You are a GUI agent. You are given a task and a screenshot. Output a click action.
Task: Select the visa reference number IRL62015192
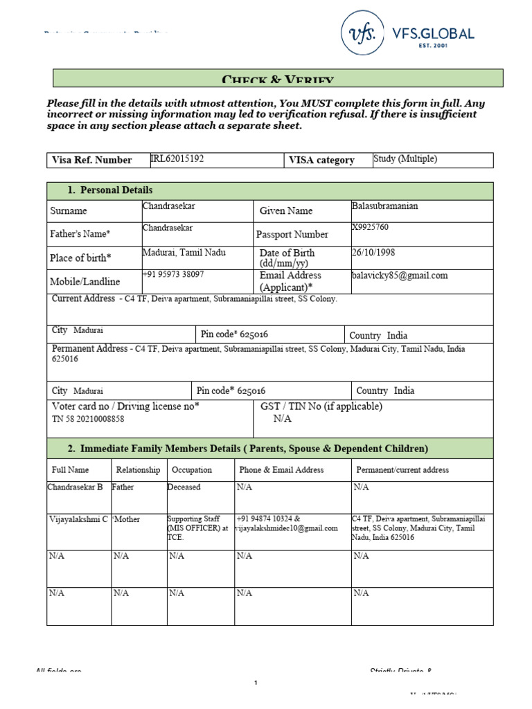point(177,159)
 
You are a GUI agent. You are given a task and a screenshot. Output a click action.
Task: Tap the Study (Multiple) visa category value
point(405,159)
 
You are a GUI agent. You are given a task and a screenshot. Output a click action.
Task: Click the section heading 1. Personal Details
point(109,190)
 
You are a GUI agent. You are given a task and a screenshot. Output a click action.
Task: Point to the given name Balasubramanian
point(385,206)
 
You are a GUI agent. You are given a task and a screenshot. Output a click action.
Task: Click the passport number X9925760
point(371,228)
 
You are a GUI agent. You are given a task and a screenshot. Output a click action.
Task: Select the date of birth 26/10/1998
point(373,253)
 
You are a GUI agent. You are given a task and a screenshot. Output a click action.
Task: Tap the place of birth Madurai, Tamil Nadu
point(184,253)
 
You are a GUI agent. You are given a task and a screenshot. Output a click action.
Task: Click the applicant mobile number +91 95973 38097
point(173,275)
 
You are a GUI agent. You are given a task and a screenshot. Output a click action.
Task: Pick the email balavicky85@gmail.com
point(400,276)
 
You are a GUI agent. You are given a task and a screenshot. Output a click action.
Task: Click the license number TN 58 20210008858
point(88,420)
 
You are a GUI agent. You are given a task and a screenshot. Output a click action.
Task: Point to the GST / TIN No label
point(321,406)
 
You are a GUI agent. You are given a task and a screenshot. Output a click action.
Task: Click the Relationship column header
point(138,470)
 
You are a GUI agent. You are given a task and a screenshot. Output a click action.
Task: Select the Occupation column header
point(192,470)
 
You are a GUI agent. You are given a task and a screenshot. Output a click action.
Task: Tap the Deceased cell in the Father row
point(184,487)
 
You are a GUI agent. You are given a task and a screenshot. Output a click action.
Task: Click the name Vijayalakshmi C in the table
point(78,519)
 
